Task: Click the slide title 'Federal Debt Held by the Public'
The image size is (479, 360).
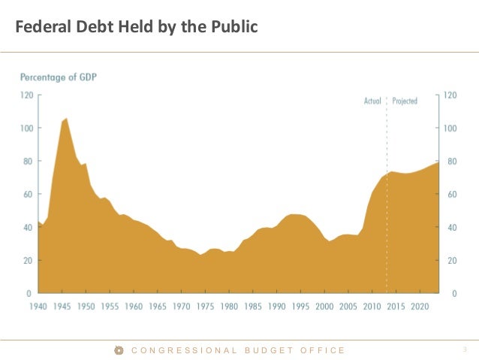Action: pos(137,28)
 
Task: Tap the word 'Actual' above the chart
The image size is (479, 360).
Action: pos(372,101)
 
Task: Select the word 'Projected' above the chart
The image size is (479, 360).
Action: pos(405,101)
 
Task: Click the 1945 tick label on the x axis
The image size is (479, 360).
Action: pos(63,307)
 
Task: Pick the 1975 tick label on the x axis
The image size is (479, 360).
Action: pos(206,307)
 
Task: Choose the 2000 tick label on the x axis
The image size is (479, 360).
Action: pos(324,307)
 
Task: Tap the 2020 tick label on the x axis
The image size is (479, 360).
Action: pos(420,307)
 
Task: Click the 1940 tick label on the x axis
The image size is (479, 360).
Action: pos(39,307)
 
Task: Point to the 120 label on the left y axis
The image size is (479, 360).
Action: pos(26,95)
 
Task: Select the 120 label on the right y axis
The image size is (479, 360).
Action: pos(450,95)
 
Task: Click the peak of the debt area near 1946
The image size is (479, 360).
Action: pos(66,119)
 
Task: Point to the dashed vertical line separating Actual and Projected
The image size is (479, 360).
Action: pos(387,135)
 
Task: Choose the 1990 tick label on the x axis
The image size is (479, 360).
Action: pos(277,307)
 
